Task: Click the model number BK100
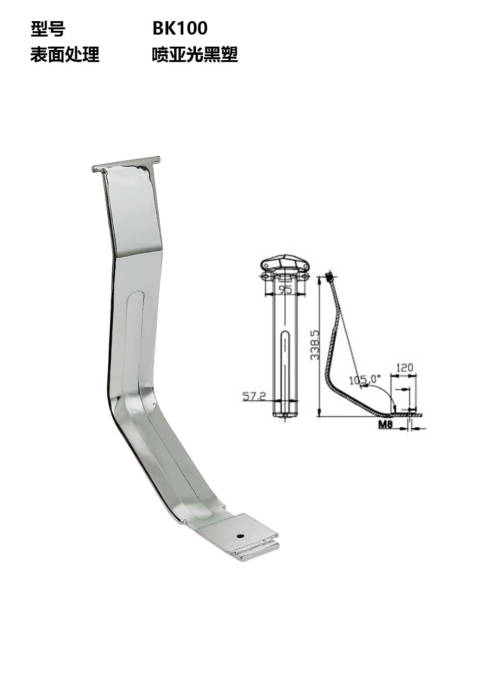click(180, 29)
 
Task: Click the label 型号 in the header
click(48, 29)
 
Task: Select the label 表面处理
click(65, 54)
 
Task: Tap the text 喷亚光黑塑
click(195, 54)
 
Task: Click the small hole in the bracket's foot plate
click(239, 534)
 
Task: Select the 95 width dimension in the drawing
click(285, 289)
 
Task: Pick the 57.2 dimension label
click(254, 396)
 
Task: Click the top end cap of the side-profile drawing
click(329, 277)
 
